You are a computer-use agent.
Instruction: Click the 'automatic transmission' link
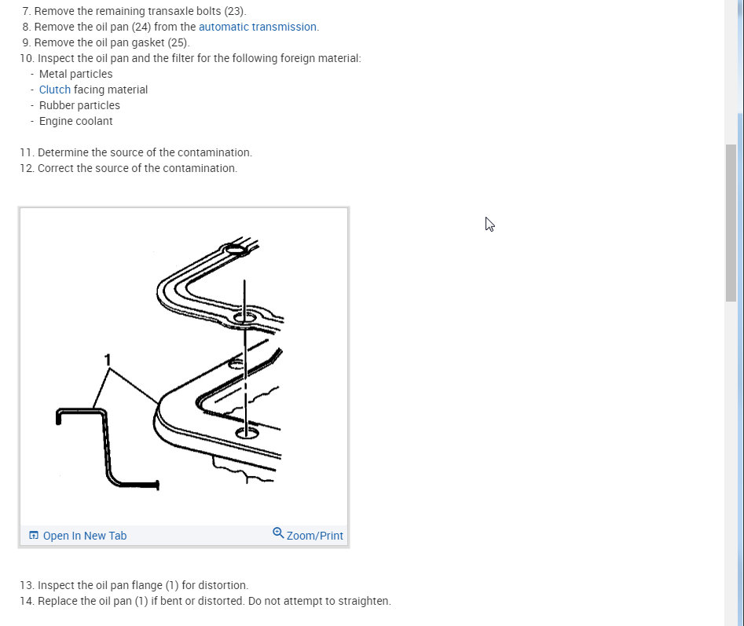click(258, 27)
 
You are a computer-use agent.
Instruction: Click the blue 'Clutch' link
click(55, 90)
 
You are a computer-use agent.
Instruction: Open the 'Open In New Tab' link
click(84, 536)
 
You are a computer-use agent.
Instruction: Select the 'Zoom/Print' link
click(314, 536)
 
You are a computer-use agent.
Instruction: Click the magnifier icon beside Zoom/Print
click(278, 533)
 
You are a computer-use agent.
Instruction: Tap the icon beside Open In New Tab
click(34, 536)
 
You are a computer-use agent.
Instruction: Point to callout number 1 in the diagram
click(108, 360)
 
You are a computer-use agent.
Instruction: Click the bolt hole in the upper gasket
click(245, 318)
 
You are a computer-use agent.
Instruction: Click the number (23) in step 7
click(235, 11)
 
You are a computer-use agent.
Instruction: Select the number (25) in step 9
click(178, 42)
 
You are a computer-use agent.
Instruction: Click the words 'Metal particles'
click(75, 74)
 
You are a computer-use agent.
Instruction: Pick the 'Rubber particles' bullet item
click(79, 105)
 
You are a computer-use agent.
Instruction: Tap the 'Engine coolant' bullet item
click(75, 121)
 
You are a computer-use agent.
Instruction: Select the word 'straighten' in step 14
click(364, 601)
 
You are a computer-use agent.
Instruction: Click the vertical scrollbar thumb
click(731, 222)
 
